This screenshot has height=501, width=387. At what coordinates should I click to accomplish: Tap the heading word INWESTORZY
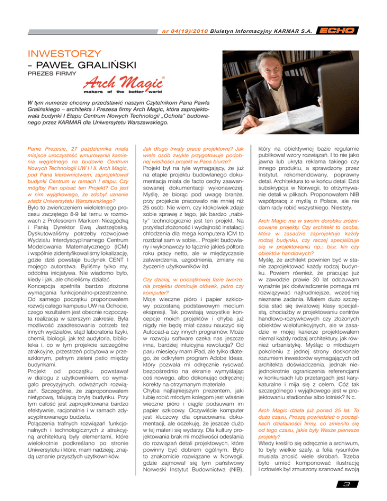click(57, 53)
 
